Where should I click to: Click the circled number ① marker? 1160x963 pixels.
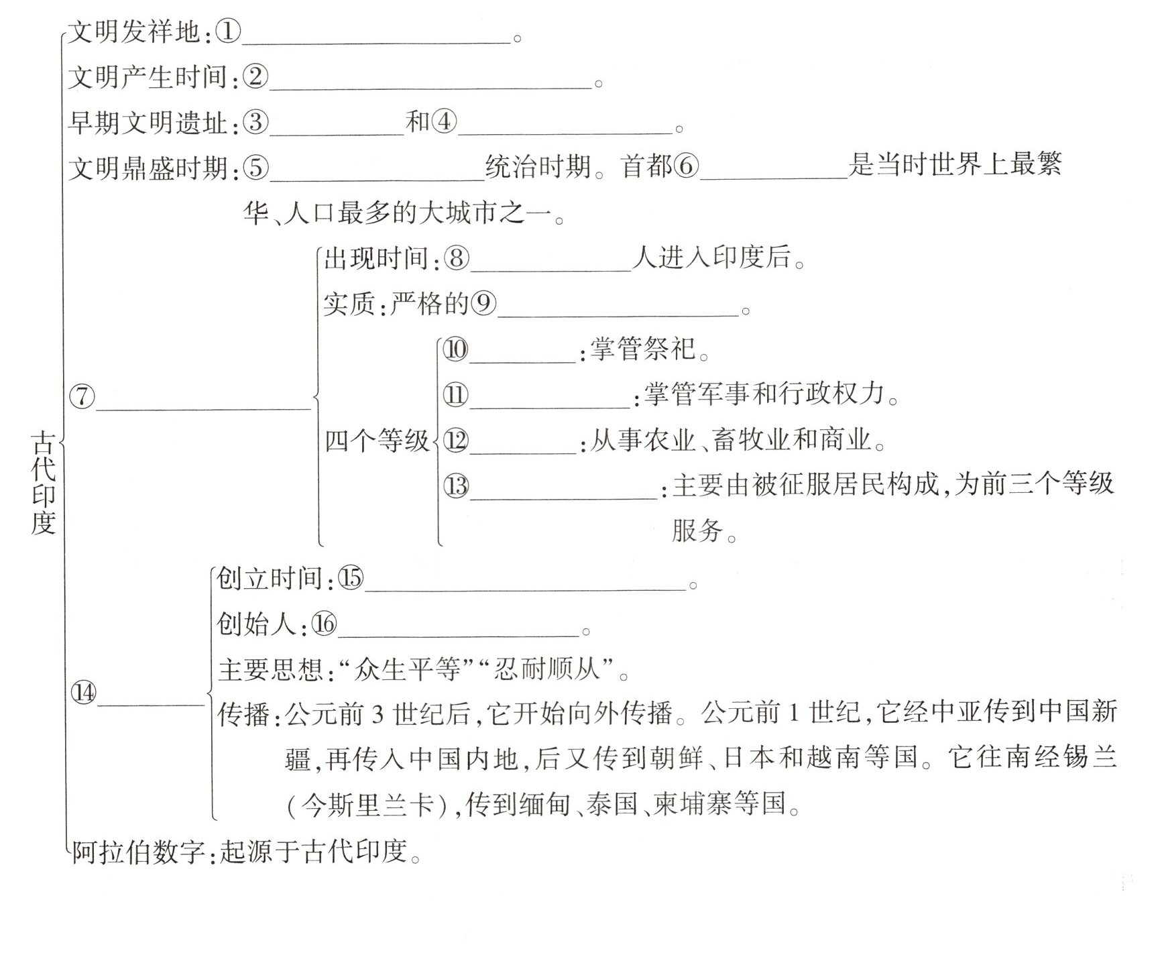coord(228,32)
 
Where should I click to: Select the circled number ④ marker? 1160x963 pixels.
coord(444,122)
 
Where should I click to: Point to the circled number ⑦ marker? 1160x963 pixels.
coord(82,396)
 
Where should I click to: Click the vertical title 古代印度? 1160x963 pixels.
coord(44,482)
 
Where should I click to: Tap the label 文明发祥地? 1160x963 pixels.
coord(135,32)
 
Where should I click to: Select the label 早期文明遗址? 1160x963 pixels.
coord(148,123)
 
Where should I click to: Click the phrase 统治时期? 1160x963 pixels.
coord(538,166)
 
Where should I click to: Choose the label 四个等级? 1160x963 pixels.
coord(377,441)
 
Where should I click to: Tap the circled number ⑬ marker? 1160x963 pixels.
coord(456,486)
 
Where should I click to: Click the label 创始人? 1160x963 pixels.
coord(256,624)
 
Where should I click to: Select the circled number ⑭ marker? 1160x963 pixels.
coord(84,693)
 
